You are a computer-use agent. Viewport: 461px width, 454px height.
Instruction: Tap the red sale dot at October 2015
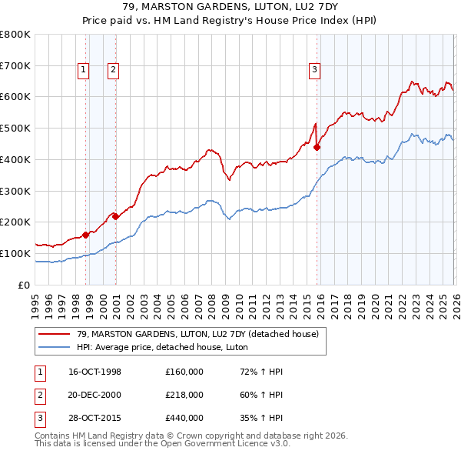pyautogui.click(x=317, y=146)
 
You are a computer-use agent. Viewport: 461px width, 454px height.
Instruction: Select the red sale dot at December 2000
pyautogui.click(x=116, y=216)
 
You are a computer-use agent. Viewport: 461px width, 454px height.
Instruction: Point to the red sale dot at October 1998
pyautogui.click(x=86, y=235)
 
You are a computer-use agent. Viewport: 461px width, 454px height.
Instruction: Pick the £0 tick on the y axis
pyautogui.click(x=25, y=285)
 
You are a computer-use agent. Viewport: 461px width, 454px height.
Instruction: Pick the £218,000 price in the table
pyautogui.click(x=184, y=395)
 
